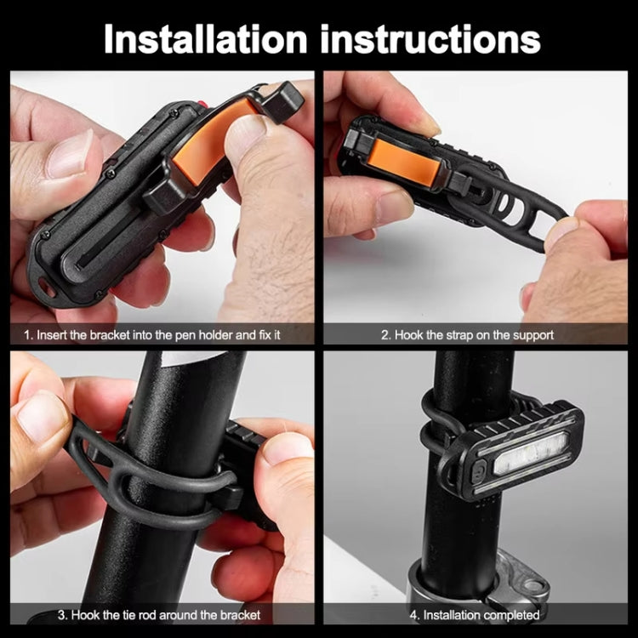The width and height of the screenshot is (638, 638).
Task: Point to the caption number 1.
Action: [x=26, y=334]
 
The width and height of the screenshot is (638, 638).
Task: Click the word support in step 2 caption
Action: [x=531, y=334]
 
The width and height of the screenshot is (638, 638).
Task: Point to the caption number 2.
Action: [x=385, y=334]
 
